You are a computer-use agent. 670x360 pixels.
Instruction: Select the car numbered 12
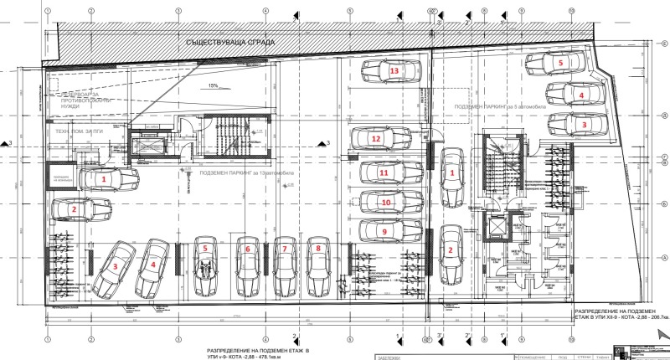click(x=378, y=138)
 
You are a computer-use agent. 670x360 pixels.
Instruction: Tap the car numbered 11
click(x=389, y=172)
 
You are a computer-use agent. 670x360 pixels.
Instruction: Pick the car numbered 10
click(x=389, y=203)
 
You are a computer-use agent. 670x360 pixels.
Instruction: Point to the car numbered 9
click(x=389, y=230)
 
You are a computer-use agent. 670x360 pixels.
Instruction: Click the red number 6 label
click(x=248, y=249)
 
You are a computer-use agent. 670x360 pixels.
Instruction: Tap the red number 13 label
click(x=394, y=72)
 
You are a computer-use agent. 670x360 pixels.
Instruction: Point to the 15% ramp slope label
click(x=214, y=85)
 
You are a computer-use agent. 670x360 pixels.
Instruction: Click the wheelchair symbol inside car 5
click(x=204, y=270)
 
